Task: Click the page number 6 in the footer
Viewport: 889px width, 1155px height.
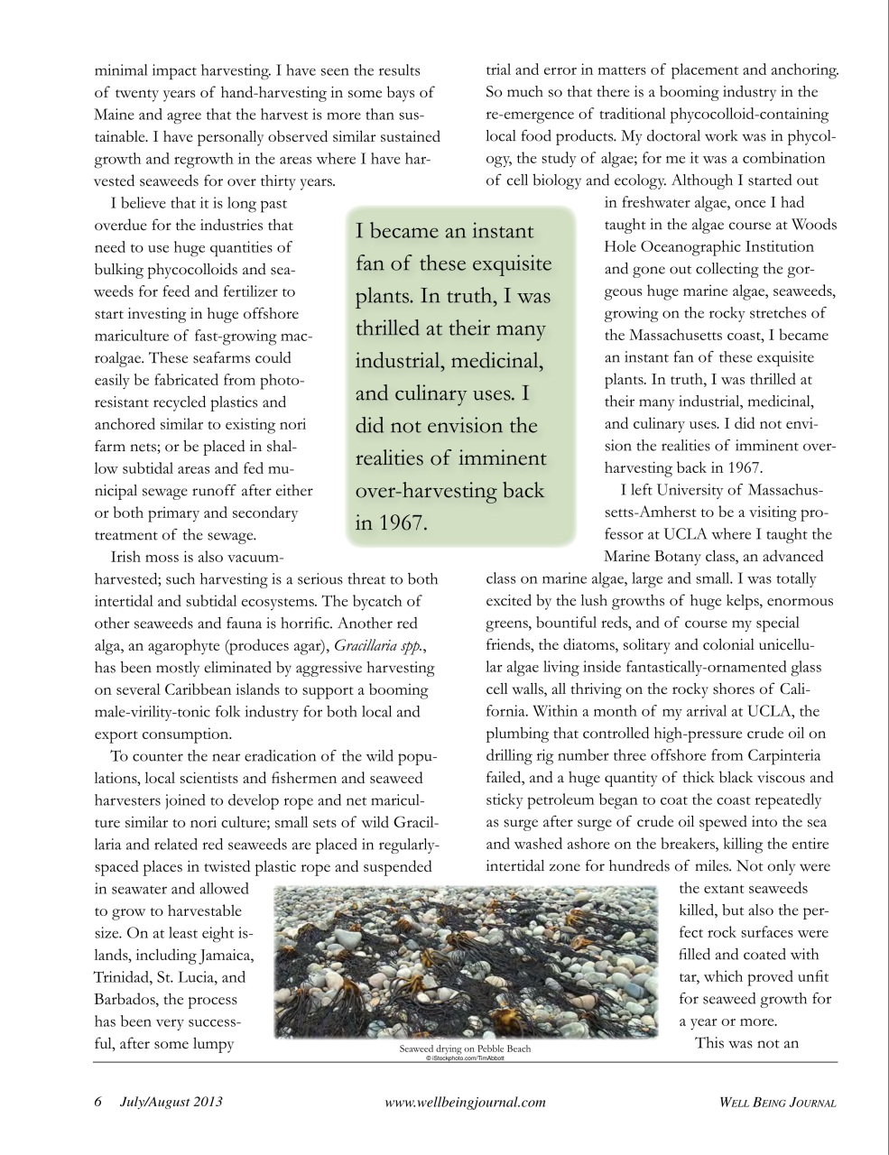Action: pos(98,1102)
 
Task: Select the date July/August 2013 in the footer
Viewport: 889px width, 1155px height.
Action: pos(171,1102)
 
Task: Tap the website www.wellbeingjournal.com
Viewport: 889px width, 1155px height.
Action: pos(465,1102)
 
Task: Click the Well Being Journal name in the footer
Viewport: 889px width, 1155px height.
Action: pos(777,1102)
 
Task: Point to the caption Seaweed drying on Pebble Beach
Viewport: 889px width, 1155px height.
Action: pos(465,1049)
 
